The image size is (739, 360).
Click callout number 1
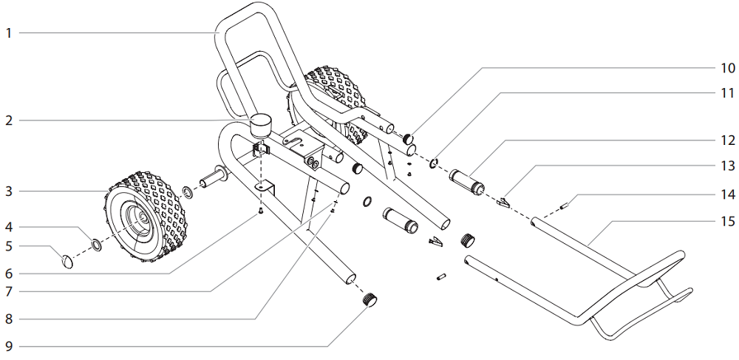tap(9, 33)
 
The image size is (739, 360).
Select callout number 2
tap(9, 120)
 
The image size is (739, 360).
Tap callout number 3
tap(9, 191)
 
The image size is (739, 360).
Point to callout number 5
tap(9, 245)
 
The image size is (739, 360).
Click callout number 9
tap(9, 345)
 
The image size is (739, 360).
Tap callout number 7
tap(9, 291)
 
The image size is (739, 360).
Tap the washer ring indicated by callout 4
tap(97, 243)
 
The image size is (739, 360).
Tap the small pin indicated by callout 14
tap(563, 206)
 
